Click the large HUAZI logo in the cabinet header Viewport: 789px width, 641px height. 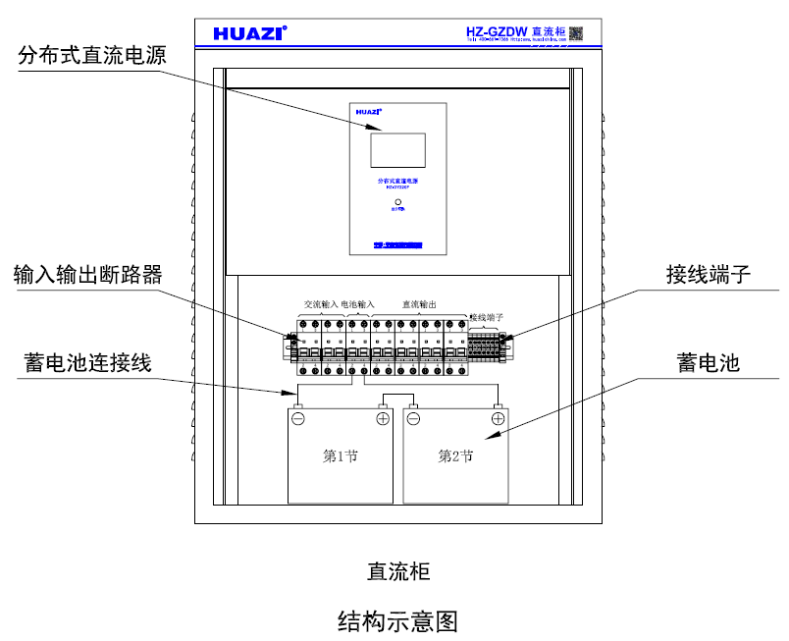point(249,33)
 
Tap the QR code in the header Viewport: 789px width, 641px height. point(576,32)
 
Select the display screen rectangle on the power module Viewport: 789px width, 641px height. point(397,150)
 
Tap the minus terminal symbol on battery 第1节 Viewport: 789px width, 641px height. point(298,418)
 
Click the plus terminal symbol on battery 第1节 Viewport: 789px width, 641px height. point(382,418)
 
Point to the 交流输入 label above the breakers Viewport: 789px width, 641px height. point(320,304)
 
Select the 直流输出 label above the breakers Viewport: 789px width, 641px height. point(421,304)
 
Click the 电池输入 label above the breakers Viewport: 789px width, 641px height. point(358,304)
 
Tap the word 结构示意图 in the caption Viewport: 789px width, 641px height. point(397,620)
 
